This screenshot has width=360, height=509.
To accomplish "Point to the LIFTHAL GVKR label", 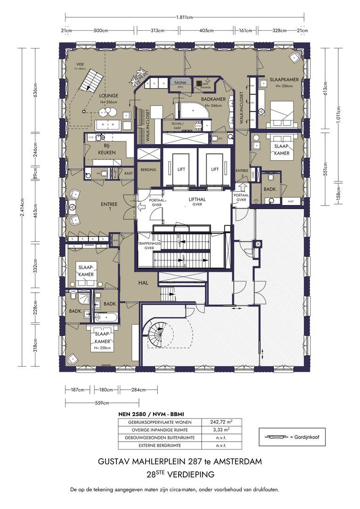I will [196, 202].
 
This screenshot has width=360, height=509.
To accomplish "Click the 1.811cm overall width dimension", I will [184, 17].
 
